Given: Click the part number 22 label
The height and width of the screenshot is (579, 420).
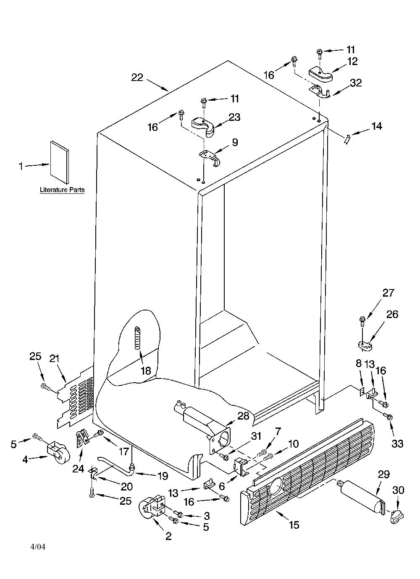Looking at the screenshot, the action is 137,77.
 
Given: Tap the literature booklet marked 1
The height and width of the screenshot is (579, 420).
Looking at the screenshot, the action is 60,162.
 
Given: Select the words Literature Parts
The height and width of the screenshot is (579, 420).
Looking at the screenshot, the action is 62,190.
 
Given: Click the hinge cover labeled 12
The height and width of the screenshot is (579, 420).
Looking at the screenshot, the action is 320,74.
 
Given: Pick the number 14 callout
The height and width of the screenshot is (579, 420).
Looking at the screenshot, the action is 376,126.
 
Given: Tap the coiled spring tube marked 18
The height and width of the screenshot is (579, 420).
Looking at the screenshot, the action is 137,338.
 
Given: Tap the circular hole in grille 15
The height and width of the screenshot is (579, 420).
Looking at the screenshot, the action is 277,486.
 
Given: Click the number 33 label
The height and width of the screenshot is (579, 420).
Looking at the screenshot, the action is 397,444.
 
